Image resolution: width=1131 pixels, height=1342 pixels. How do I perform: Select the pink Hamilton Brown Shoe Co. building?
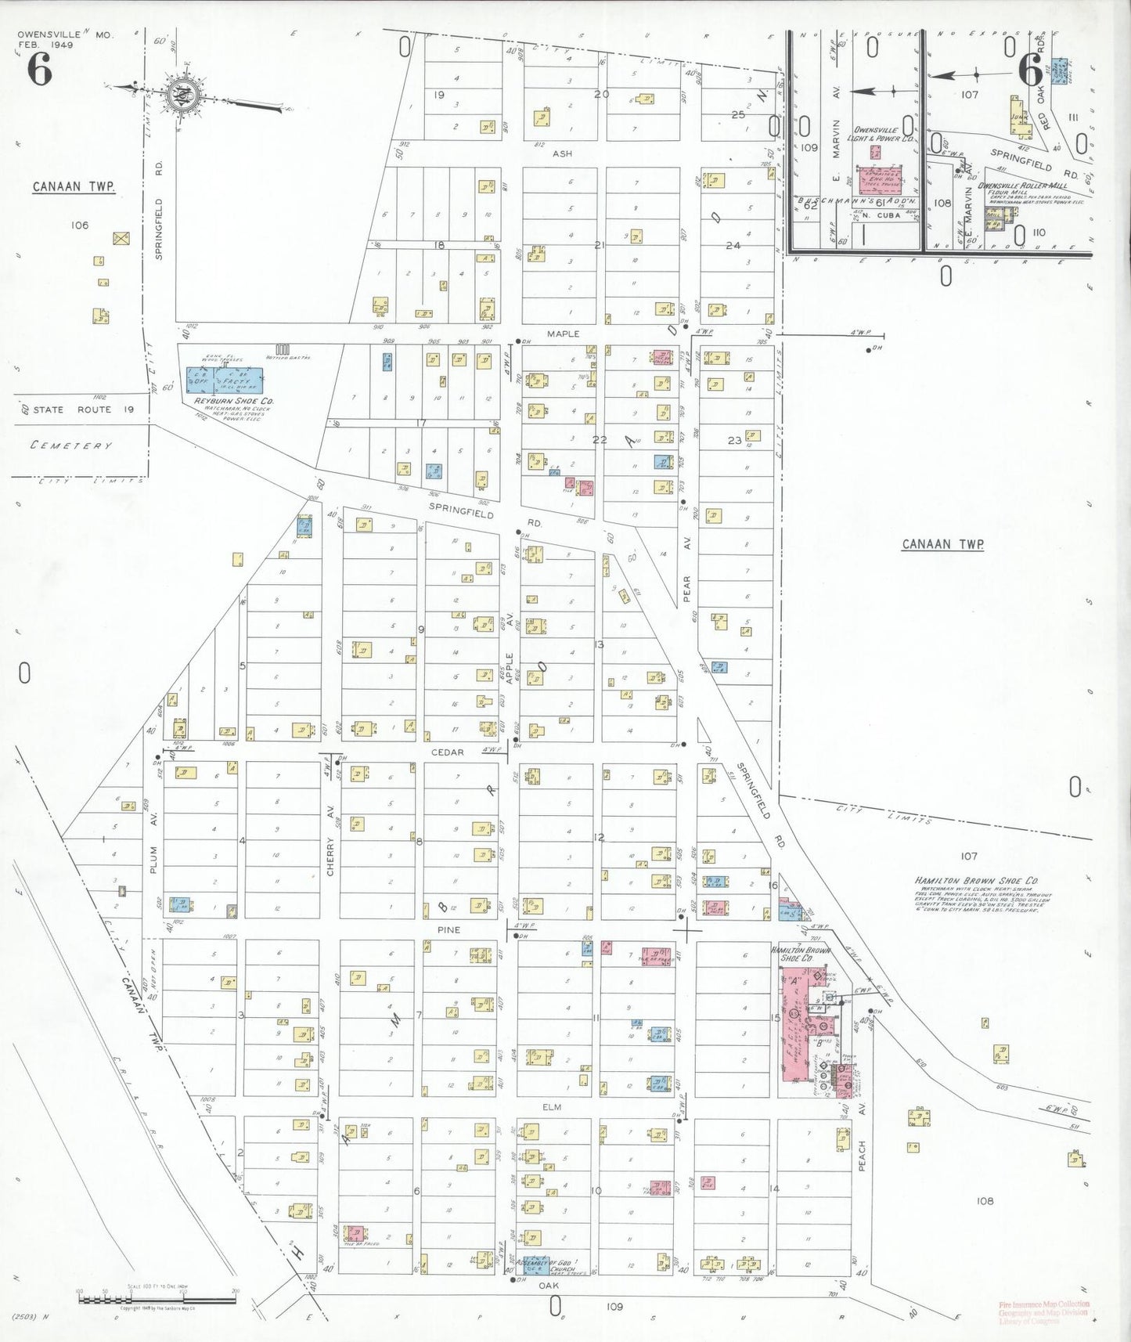click(x=799, y=1024)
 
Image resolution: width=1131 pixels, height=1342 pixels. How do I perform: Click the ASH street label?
click(x=562, y=153)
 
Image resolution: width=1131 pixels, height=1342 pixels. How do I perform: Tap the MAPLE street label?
click(x=563, y=334)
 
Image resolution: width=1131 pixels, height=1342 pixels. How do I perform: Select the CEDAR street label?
click(x=448, y=752)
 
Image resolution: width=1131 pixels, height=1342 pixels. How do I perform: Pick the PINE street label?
click(x=448, y=930)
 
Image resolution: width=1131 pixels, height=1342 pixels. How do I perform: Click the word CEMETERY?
click(x=71, y=446)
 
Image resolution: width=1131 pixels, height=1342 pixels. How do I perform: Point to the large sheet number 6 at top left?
click(x=39, y=70)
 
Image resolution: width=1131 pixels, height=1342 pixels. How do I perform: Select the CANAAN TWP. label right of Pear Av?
click(x=942, y=544)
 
